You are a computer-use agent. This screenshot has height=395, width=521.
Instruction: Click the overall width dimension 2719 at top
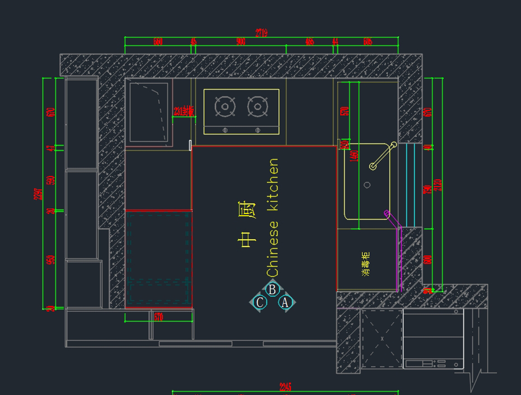(261, 33)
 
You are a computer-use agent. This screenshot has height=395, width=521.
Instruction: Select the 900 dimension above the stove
(241, 42)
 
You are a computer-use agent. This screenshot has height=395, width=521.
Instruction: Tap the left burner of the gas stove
(225, 106)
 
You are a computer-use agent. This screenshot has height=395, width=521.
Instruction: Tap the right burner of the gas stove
(257, 106)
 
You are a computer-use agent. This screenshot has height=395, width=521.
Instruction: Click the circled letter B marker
(273, 289)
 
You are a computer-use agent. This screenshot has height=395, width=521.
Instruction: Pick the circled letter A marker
(285, 302)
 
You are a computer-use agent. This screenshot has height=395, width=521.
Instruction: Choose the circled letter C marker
(260, 302)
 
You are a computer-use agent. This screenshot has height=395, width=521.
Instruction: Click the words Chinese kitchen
(272, 217)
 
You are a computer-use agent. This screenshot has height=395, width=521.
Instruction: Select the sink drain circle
(367, 185)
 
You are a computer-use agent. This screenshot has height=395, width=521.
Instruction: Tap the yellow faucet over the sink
(383, 156)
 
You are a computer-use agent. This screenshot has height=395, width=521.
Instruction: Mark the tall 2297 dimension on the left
(38, 193)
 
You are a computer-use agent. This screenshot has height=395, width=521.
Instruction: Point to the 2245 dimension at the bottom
(285, 387)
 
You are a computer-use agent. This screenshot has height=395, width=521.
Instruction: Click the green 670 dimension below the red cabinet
(158, 318)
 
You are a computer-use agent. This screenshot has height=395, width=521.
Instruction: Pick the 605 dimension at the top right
(367, 42)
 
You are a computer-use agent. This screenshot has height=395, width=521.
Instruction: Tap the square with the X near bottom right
(382, 339)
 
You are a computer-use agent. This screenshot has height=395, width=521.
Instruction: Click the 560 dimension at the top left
(158, 42)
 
